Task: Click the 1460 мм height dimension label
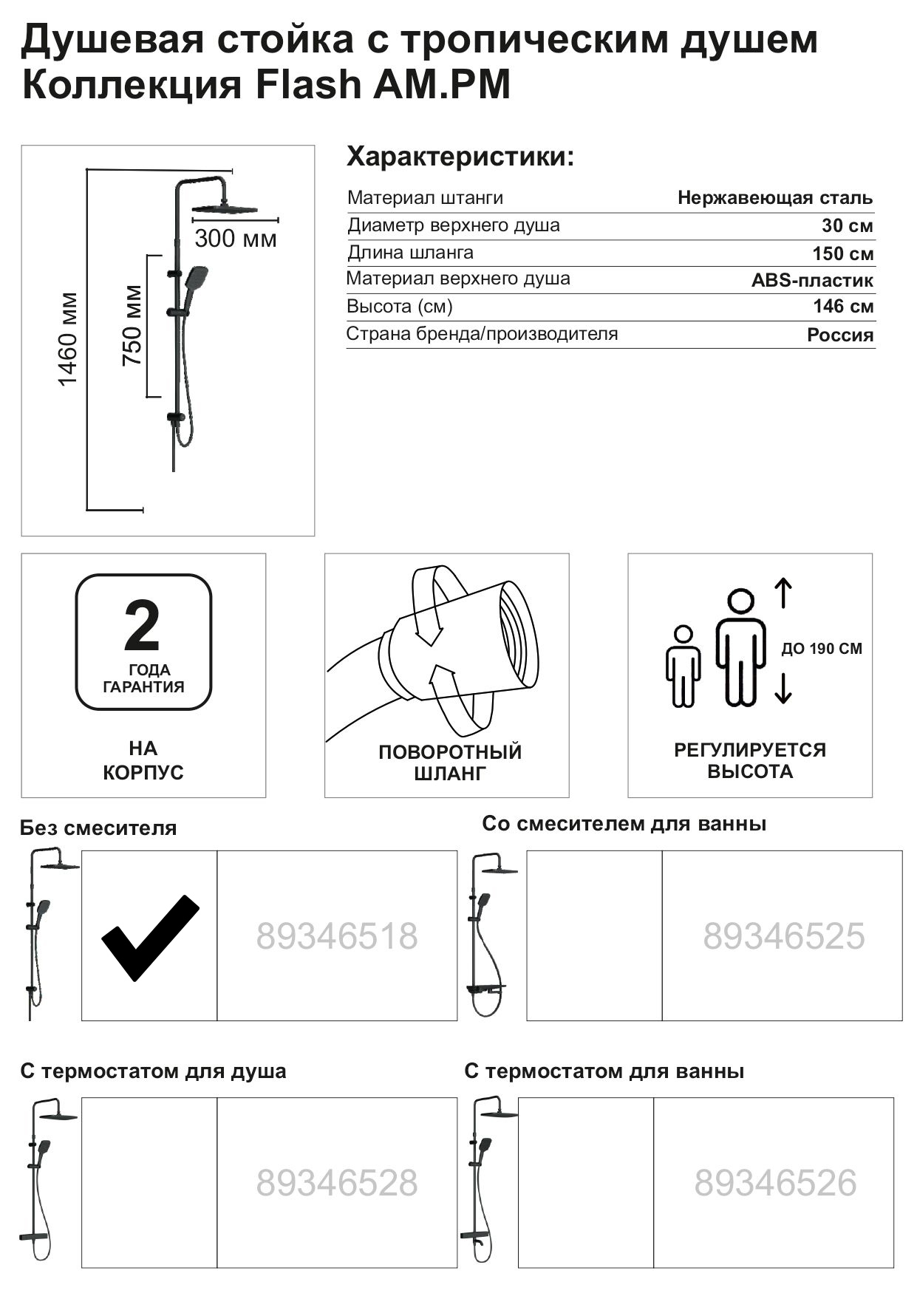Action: [68, 339]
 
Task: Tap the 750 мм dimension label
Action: [132, 325]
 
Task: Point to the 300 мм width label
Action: [236, 239]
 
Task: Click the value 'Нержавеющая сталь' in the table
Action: [774, 198]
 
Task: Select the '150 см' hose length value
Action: [842, 253]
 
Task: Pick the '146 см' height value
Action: [843, 307]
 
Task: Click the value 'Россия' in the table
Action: [839, 335]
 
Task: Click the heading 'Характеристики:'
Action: [460, 157]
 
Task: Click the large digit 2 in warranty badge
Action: [142, 625]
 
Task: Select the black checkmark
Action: [150, 937]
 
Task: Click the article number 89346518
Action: [337, 936]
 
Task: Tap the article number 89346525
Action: [783, 936]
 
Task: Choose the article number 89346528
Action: [337, 1183]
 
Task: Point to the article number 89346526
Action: [775, 1183]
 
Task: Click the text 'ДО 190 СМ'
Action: [822, 649]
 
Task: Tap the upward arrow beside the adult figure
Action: [783, 594]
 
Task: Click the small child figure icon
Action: [684, 666]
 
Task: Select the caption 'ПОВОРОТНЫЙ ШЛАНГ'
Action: [450, 763]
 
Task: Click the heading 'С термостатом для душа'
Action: [153, 1071]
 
